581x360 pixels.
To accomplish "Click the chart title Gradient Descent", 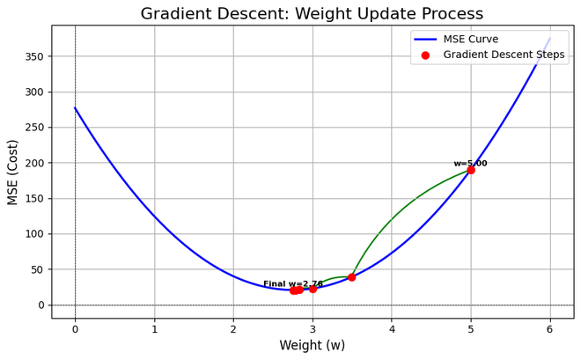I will click(x=312, y=14).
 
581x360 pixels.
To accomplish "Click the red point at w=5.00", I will click(x=471, y=170).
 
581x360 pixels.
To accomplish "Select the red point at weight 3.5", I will click(x=352, y=277).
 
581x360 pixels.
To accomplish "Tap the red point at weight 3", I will click(x=313, y=289).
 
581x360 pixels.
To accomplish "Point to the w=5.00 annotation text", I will click(x=470, y=164).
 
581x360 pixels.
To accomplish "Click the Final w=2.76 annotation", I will click(x=293, y=283).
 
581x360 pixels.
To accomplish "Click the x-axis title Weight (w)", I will click(x=312, y=346).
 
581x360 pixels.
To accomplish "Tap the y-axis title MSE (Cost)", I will click(x=13, y=172).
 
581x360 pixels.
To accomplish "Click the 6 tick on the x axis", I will click(x=550, y=329).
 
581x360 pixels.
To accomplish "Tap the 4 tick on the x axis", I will click(x=392, y=329).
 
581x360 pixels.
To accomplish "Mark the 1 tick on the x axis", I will click(x=154, y=329).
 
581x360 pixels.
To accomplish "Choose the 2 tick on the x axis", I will click(x=233, y=329).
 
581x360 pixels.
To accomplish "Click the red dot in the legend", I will click(x=425, y=55).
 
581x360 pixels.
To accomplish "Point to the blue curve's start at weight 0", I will click(x=75, y=108).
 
